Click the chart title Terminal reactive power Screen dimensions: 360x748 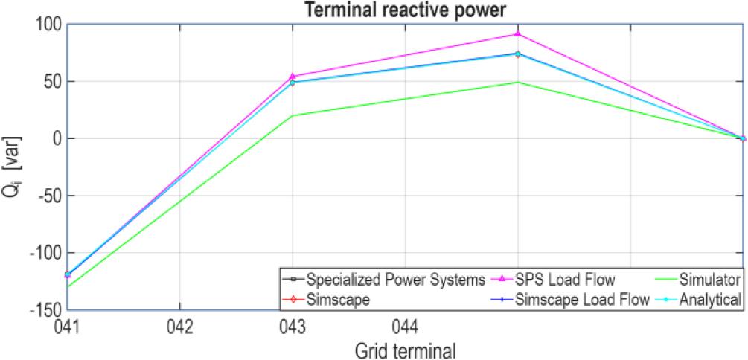point(405,10)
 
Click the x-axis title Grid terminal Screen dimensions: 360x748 point(405,348)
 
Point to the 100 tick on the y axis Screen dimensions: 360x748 point(51,25)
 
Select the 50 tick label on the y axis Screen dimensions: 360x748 point(54,81)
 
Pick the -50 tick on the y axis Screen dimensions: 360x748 point(51,196)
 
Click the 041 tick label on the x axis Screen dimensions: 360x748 point(68,325)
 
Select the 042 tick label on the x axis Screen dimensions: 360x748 point(180,325)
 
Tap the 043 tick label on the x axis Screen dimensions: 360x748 point(293,325)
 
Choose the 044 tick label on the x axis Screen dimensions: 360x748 point(405,325)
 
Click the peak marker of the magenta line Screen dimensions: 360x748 point(517,34)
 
